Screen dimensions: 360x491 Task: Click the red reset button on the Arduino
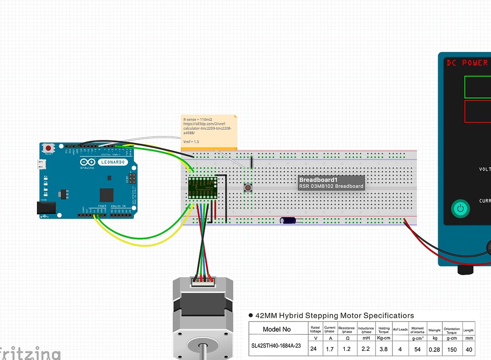[48, 148]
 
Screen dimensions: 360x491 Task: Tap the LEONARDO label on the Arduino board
[112, 162]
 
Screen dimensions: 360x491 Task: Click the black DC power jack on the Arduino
[46, 208]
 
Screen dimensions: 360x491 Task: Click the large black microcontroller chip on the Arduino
[106, 195]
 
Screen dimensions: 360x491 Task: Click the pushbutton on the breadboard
[248, 187]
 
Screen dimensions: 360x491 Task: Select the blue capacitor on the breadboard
[289, 221]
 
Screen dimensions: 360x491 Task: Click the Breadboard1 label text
[318, 180]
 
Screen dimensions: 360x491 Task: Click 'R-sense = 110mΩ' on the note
[198, 118]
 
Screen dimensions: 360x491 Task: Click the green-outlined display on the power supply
[478, 87]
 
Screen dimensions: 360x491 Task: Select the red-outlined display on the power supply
[478, 111]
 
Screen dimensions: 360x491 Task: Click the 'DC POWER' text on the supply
[467, 63]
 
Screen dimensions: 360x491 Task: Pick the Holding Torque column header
[384, 330]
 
